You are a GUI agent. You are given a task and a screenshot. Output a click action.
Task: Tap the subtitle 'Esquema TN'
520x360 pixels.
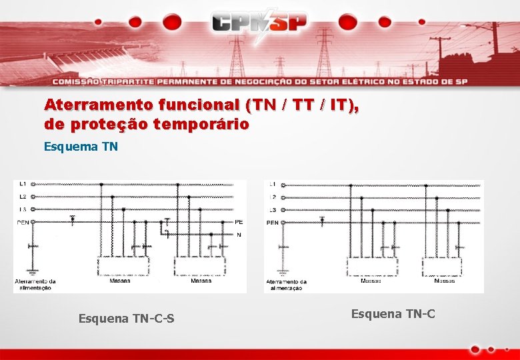81,146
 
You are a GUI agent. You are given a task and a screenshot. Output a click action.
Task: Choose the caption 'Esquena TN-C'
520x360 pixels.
393,313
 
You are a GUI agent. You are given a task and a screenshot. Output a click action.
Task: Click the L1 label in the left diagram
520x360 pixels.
23,184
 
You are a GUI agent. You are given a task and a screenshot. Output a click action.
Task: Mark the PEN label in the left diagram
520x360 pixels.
23,222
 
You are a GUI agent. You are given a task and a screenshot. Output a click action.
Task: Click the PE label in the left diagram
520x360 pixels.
239,222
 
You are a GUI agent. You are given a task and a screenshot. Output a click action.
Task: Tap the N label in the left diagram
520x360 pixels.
239,235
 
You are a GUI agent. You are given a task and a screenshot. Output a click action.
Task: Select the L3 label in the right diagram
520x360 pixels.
273,210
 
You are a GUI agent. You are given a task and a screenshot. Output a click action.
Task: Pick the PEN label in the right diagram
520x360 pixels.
273,223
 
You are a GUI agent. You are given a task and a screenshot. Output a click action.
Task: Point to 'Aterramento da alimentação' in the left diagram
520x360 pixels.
35,284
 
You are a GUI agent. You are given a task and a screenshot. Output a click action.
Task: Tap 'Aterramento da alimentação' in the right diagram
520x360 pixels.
286,285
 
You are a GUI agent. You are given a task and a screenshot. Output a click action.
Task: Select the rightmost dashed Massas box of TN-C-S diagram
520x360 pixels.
201,266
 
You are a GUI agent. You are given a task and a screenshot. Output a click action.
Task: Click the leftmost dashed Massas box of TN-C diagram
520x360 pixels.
372,267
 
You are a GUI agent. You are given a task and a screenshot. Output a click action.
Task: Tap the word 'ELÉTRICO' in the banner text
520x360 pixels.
352,82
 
